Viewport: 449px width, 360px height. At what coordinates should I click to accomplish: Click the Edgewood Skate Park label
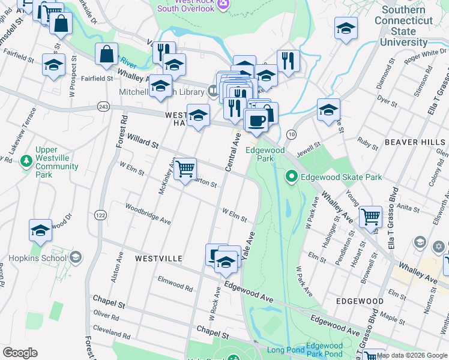342,178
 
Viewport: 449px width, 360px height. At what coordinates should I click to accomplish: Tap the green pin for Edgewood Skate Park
292,176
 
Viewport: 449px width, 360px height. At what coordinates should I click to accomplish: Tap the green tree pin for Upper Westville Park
26,160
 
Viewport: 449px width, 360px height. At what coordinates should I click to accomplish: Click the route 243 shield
103,106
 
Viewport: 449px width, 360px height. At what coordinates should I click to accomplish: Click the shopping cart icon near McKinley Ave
185,169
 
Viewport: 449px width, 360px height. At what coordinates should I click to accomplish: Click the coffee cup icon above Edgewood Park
257,121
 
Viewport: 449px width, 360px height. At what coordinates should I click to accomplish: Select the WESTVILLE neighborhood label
158,258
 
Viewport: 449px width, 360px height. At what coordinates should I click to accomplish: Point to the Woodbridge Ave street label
148,214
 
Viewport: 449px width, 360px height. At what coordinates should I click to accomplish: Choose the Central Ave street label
233,153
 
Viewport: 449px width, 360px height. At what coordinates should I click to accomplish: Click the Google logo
20,353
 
